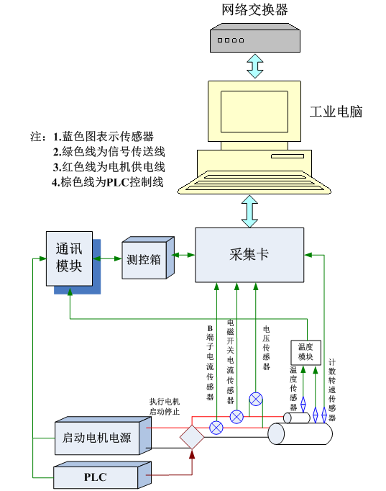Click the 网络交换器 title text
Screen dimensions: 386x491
pyautogui.click(x=254, y=9)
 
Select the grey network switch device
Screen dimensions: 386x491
pyautogui.click(x=255, y=38)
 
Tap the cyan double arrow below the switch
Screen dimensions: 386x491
pyautogui.click(x=255, y=66)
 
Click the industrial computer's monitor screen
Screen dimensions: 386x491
pyautogui.click(x=254, y=112)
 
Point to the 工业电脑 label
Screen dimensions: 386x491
pyautogui.click(x=336, y=112)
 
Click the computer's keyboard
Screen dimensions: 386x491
pyautogui.click(x=254, y=183)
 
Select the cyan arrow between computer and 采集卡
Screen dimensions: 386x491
pyautogui.click(x=249, y=212)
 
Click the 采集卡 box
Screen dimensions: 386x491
pyautogui.click(x=249, y=255)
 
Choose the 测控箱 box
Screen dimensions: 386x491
pyautogui.click(x=148, y=258)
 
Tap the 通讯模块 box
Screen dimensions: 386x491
pyautogui.click(x=70, y=258)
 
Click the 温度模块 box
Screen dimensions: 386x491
pyautogui.click(x=305, y=352)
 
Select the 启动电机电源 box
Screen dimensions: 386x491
pyautogui.click(x=103, y=436)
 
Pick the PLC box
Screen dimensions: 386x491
pyautogui.click(x=103, y=474)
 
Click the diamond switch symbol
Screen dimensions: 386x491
pyautogui.click(x=192, y=436)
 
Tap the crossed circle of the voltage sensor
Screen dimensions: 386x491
pyautogui.click(x=256, y=400)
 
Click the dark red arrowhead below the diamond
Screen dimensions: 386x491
pyautogui.click(x=192, y=454)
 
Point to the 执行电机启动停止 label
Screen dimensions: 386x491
pyautogui.click(x=165, y=407)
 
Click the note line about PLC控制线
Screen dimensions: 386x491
pyautogui.click(x=108, y=182)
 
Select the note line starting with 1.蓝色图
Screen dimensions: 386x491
pyautogui.click(x=104, y=137)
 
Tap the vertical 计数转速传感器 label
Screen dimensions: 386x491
pyautogui.click(x=332, y=390)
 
